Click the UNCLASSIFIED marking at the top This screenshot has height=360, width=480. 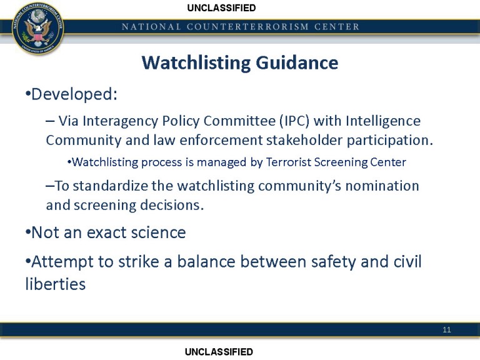point(221,8)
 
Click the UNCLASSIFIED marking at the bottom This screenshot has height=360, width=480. point(219,352)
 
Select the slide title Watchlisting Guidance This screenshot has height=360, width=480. point(239,63)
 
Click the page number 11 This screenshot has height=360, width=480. point(447,330)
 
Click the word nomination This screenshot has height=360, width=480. point(382,186)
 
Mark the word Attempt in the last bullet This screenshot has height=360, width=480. point(60,261)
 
